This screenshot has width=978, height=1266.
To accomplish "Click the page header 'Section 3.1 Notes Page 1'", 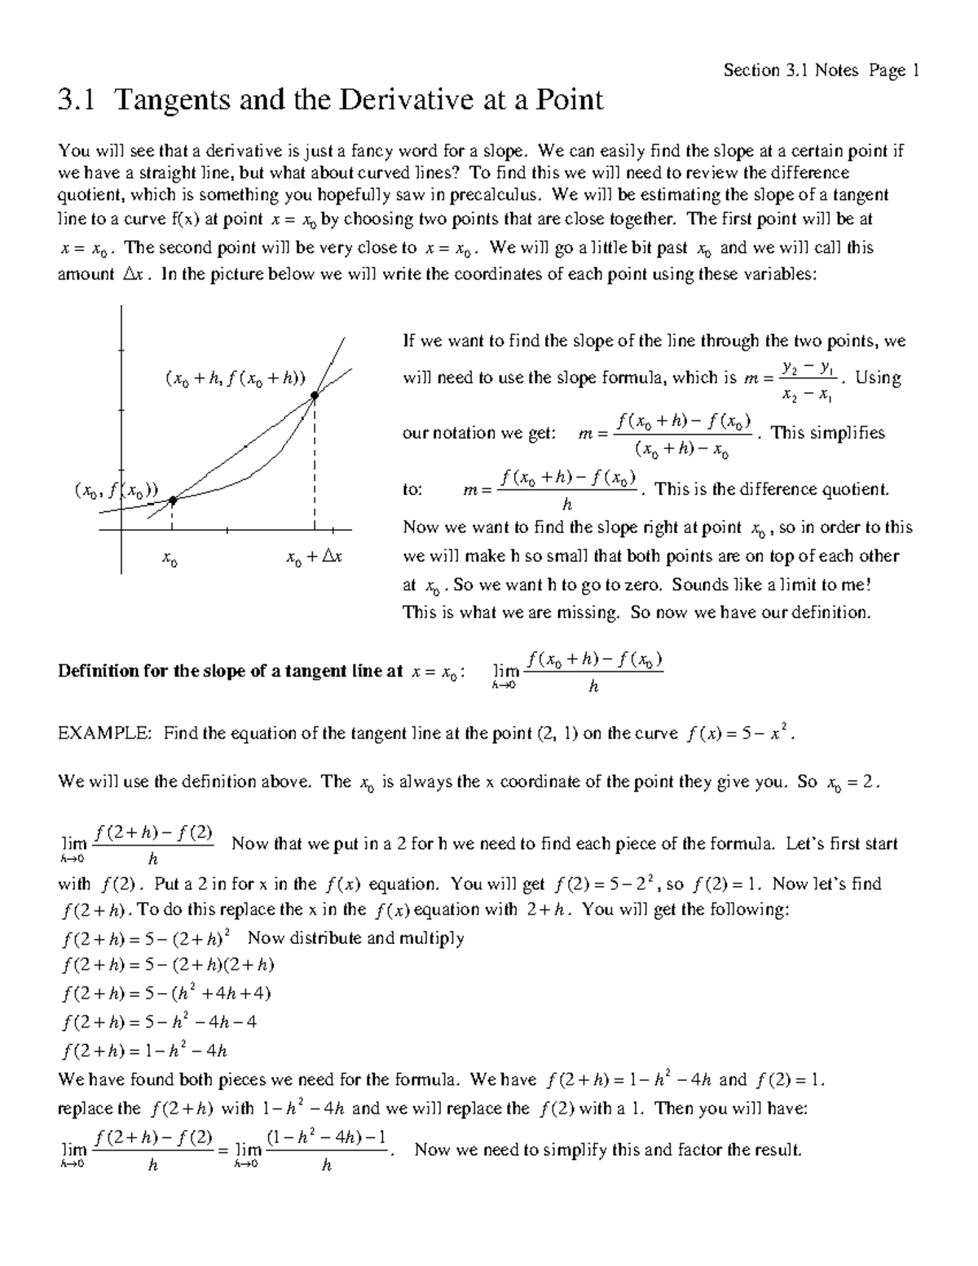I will click(x=822, y=71).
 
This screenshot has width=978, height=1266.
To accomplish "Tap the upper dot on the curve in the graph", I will click(x=315, y=397).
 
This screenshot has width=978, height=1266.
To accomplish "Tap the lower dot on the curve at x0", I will click(x=173, y=501).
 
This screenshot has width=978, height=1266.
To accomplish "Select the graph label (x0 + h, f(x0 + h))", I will click(x=234, y=378).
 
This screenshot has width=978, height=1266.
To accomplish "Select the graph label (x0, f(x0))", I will click(x=116, y=492).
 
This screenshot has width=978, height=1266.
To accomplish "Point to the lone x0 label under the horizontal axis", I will click(x=170, y=559).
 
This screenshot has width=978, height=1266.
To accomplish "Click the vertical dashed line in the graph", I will click(x=315, y=465).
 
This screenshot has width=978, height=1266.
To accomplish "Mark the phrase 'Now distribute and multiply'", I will click(x=355, y=938).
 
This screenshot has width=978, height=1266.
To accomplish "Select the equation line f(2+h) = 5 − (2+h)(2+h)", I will click(x=168, y=966).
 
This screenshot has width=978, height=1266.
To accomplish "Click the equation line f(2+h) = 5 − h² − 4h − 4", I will click(x=160, y=1022).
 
